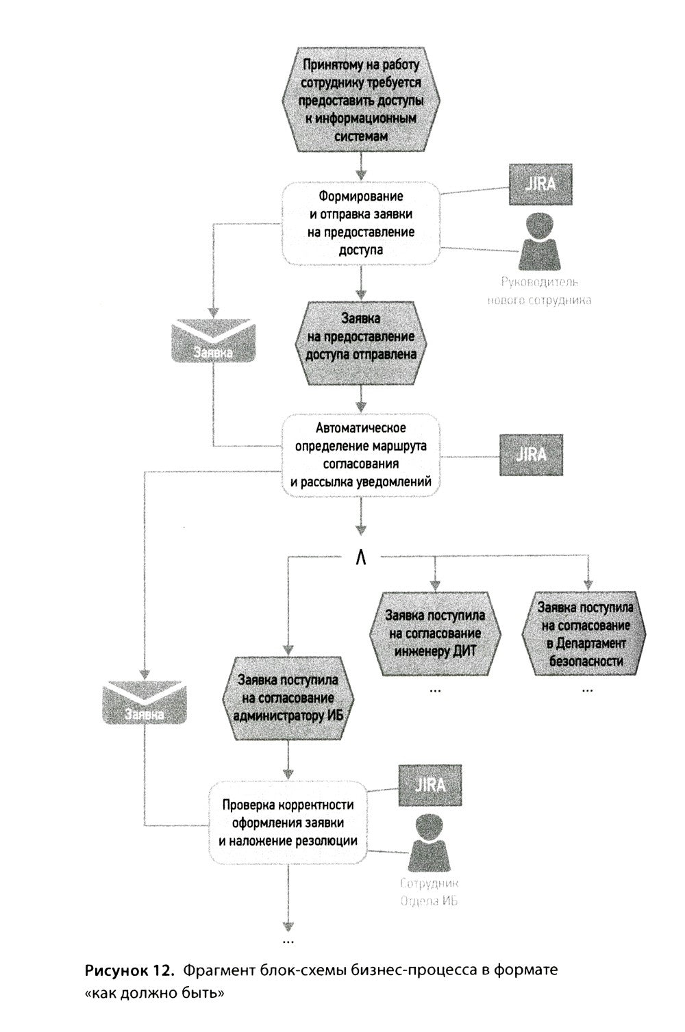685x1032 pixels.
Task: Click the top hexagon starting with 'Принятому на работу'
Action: click(360, 99)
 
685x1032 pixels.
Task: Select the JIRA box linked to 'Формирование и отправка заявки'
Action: click(540, 184)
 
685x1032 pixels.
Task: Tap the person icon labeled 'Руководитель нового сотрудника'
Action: click(540, 242)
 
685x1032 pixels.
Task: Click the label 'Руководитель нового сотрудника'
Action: click(539, 291)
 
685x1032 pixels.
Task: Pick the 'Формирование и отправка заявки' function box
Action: click(360, 223)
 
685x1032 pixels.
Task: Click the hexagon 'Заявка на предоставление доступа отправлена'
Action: click(360, 343)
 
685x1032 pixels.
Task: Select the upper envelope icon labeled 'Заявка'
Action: click(213, 340)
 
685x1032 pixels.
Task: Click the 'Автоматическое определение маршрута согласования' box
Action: click(360, 455)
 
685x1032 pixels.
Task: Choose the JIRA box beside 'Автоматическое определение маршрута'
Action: click(531, 455)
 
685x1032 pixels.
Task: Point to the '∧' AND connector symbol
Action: click(361, 558)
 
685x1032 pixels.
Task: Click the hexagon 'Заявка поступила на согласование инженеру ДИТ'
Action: click(435, 633)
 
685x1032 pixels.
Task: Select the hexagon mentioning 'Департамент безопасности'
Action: click(584, 633)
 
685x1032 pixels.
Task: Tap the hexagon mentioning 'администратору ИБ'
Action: click(288, 698)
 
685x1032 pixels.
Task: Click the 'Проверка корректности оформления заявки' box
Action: click(288, 822)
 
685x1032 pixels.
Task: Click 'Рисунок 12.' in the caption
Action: click(129, 970)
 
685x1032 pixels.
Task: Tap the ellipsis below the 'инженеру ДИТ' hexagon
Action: click(435, 690)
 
